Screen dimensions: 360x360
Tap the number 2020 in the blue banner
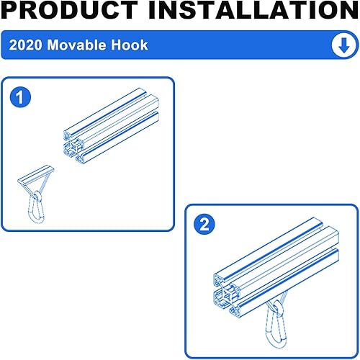(26, 45)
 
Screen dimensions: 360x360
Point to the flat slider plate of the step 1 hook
(37, 174)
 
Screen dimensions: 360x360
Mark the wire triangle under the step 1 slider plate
(38, 186)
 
